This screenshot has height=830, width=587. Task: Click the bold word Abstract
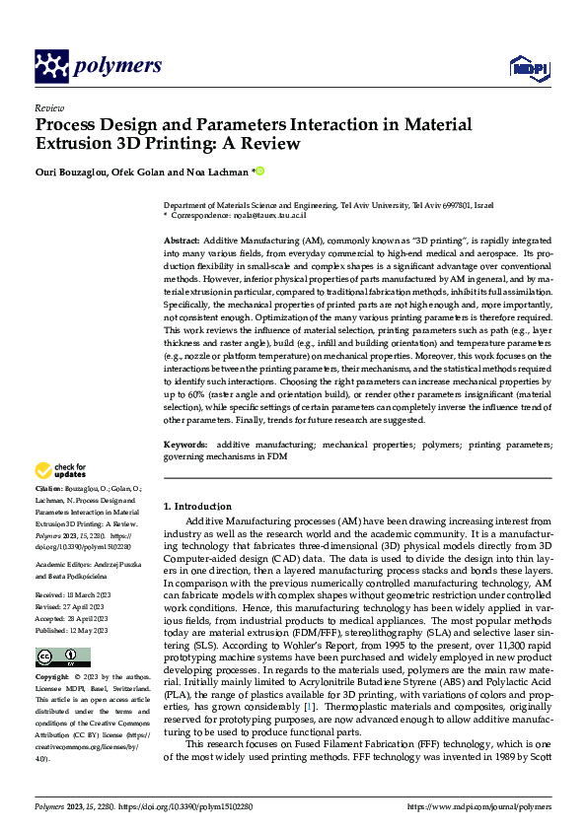pos(182,241)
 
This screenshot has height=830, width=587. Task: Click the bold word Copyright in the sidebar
pos(52,679)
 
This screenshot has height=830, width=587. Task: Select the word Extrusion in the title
pos(72,144)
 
